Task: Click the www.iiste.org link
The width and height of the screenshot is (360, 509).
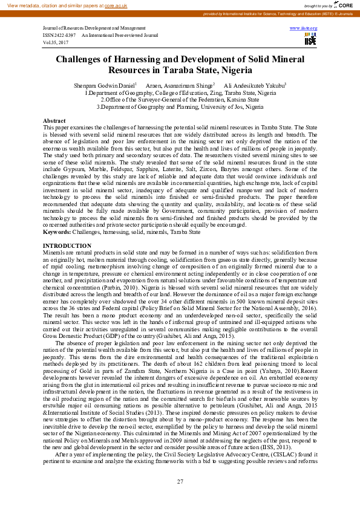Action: [x=303, y=28]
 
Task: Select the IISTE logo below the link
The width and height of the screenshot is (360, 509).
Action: [x=310, y=39]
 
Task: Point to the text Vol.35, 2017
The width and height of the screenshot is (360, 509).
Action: [x=56, y=43]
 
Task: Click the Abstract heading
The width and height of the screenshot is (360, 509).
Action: [x=54, y=122]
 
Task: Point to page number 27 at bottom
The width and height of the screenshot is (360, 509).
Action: [x=180, y=481]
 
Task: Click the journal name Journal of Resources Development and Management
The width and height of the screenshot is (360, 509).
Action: [x=94, y=28]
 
